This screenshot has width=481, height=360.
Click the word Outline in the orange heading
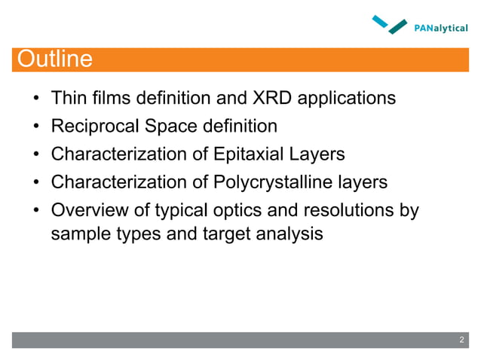[54, 59]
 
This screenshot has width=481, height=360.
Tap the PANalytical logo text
[441, 29]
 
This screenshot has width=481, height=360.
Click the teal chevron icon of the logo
[390, 25]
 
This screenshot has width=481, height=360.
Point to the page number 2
[462, 341]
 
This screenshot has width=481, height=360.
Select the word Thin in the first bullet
[66, 98]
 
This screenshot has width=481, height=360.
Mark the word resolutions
[341, 210]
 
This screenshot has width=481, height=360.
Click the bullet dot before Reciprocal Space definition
[35, 127]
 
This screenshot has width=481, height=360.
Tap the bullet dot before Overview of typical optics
[35, 211]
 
